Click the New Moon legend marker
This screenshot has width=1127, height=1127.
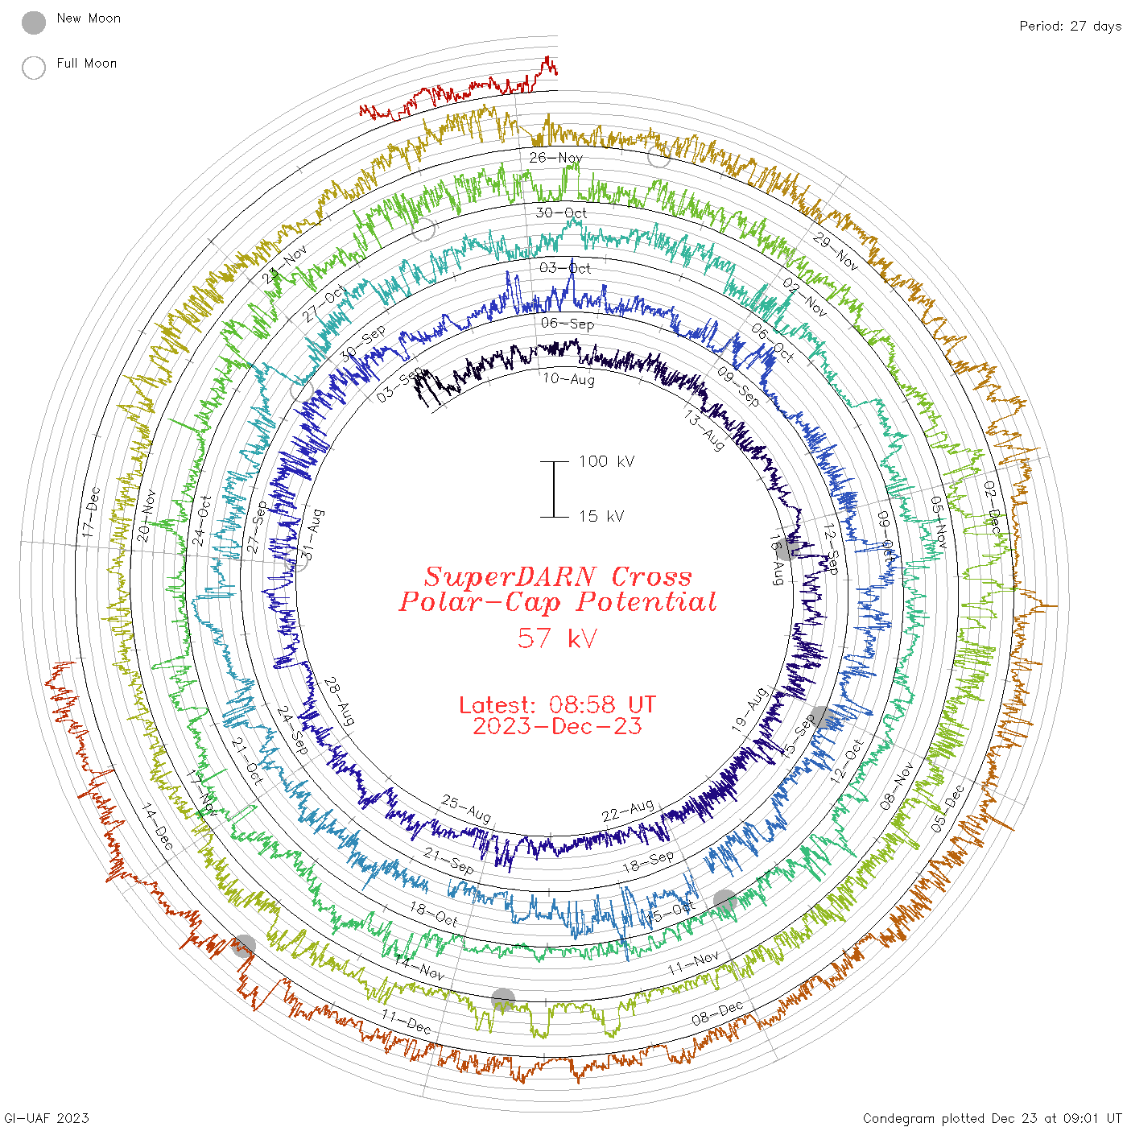(x=34, y=23)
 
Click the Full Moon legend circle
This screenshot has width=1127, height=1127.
(x=34, y=68)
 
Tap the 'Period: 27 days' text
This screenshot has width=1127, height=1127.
(x=1070, y=26)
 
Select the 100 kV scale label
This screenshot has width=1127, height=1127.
(x=606, y=461)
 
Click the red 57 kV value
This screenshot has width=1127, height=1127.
(x=557, y=638)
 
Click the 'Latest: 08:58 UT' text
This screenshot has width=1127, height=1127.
(x=557, y=705)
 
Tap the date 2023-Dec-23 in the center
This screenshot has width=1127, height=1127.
(x=557, y=726)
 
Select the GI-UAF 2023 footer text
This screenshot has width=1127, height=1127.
(x=47, y=1118)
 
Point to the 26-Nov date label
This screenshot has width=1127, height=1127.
(x=555, y=158)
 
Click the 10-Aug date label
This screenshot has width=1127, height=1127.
(x=568, y=379)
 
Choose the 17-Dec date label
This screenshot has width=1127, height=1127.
(x=91, y=512)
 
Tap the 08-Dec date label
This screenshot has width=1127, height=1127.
(x=717, y=1013)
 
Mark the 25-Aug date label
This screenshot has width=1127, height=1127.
(x=466, y=808)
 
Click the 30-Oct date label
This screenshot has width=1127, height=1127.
(x=561, y=213)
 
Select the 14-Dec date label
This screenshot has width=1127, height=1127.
(x=158, y=827)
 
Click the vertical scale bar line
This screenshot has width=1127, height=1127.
(x=554, y=489)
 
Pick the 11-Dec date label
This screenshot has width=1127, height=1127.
(x=407, y=1022)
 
